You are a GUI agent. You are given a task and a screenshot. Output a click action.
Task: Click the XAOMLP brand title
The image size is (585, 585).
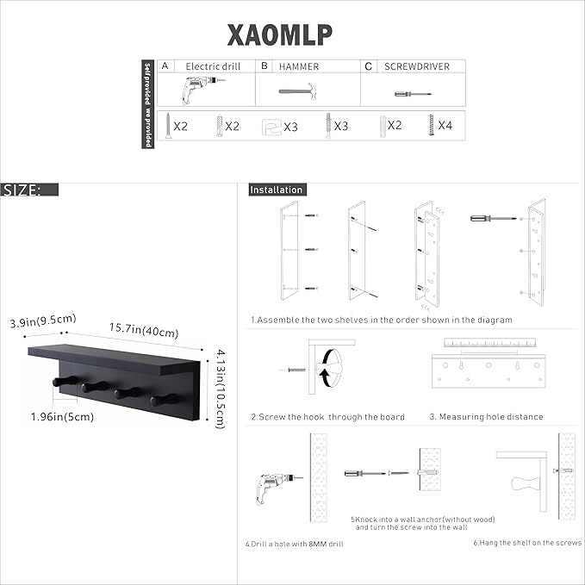(x=280, y=34)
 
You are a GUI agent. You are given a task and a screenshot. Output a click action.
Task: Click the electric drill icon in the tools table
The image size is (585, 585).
(x=202, y=90)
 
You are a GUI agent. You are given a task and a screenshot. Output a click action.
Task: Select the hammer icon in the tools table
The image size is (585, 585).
(x=301, y=90)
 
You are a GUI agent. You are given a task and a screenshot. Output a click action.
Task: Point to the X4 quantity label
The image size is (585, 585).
(x=445, y=126)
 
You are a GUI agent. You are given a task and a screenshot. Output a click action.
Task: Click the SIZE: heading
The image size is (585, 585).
(x=22, y=190)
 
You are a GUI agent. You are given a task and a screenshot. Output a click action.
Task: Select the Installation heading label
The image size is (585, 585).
(x=277, y=190)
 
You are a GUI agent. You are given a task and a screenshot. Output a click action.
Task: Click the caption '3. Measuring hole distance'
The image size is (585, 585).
(x=486, y=417)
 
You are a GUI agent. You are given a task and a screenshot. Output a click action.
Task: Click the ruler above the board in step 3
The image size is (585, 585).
(x=488, y=343)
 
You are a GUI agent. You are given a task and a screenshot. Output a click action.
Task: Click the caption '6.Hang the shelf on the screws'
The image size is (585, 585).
(x=527, y=544)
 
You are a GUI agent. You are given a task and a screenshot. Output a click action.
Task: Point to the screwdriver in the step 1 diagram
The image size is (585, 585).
(x=482, y=219)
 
